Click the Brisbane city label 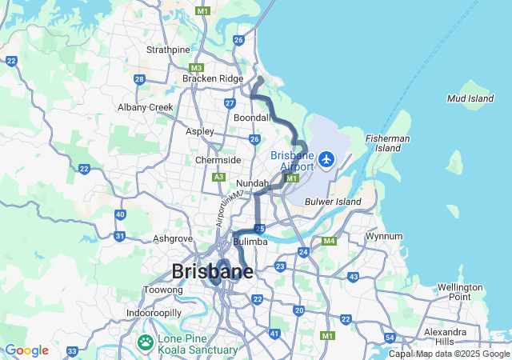212,271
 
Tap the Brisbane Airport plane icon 326,160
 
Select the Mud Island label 470,99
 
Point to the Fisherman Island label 388,143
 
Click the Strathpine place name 168,50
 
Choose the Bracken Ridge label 212,78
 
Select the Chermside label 218,160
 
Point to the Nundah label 252,184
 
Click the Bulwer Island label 332,201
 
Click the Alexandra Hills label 446,336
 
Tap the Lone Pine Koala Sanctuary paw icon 145,343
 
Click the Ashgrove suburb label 172,238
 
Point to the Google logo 26,350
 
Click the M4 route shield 328,241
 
